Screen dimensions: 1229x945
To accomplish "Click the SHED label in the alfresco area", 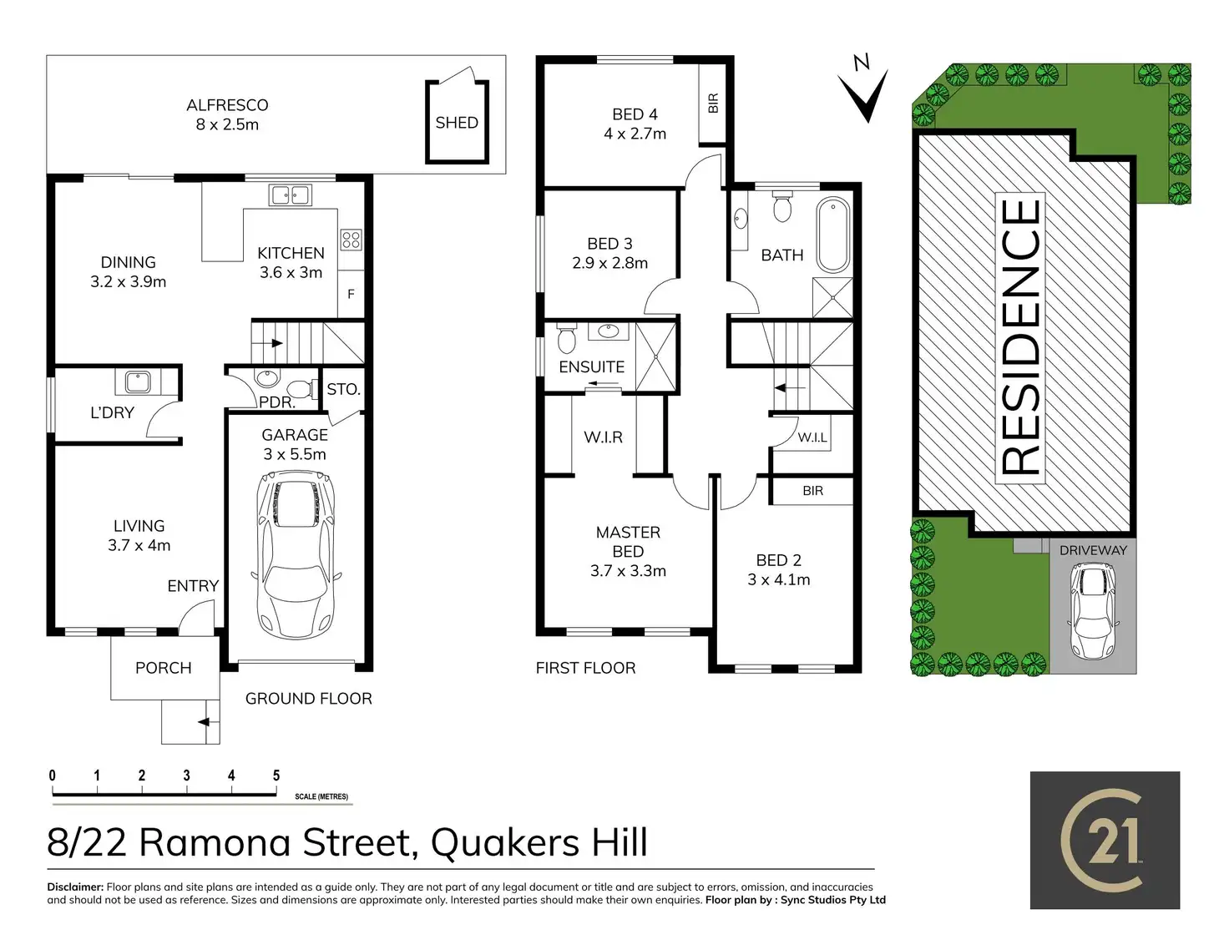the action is click(x=457, y=123).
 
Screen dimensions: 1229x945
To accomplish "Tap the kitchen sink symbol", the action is click(x=290, y=196).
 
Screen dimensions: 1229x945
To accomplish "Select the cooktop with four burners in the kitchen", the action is click(x=351, y=240).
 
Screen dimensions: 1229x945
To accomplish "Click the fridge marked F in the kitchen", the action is click(x=351, y=294).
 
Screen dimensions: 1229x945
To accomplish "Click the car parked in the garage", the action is click(x=296, y=554).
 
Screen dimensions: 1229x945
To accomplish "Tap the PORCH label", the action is click(x=164, y=668).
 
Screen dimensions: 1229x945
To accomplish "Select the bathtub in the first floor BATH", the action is click(x=832, y=235).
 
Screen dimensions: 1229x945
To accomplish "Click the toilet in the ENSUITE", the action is click(x=566, y=340).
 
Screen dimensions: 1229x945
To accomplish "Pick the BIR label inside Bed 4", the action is click(x=713, y=104).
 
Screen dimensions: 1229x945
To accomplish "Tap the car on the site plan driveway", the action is click(x=1092, y=611).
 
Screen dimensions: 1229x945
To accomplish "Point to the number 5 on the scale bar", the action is click(x=276, y=776).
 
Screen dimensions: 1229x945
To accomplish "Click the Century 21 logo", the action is click(x=1105, y=840).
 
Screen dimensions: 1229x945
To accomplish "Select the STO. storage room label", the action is click(x=343, y=390).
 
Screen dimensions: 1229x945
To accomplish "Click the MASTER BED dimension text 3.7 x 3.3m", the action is click(x=628, y=571).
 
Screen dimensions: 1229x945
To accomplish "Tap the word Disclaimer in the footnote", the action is click(x=75, y=887).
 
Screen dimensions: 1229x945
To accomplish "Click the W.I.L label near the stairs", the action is click(x=812, y=437).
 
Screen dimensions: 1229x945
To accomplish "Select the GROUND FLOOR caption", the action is click(x=309, y=699).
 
